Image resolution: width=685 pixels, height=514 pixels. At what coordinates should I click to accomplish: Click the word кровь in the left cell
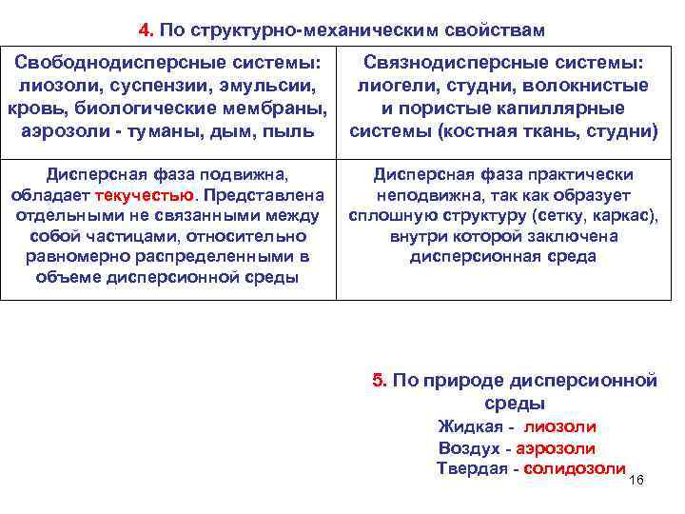(x=34, y=108)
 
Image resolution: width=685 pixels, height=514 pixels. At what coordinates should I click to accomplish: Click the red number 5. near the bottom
(x=380, y=382)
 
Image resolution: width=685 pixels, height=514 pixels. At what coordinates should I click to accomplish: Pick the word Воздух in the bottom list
(x=468, y=448)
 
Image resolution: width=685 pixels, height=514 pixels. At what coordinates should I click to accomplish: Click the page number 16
(x=636, y=479)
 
